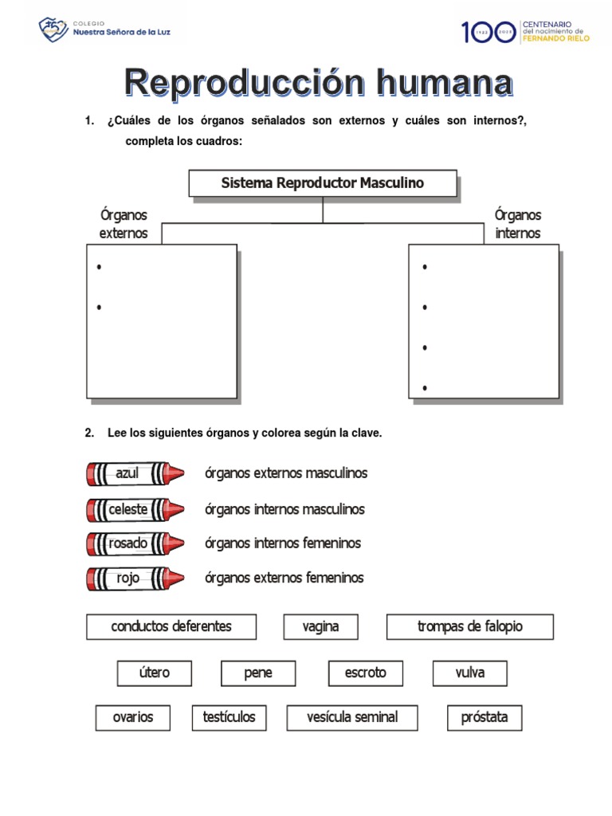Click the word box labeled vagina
pos(320,626)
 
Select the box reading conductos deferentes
pos(171,626)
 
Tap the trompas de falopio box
pos(470,626)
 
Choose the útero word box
pos(154,673)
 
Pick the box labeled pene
pos(258,673)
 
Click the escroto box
pos(366,673)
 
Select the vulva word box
pos(470,673)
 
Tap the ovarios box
pos(133,717)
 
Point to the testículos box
pos(229,717)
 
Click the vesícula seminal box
pos(352,717)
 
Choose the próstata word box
pos(484,717)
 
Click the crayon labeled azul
pos(135,473)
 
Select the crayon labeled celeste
pos(135,509)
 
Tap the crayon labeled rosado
pos(135,543)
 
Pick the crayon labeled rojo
pos(135,579)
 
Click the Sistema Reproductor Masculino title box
pos(323,183)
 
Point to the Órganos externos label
pos(124,224)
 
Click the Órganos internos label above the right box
pos(518,224)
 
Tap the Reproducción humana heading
pos(318,83)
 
